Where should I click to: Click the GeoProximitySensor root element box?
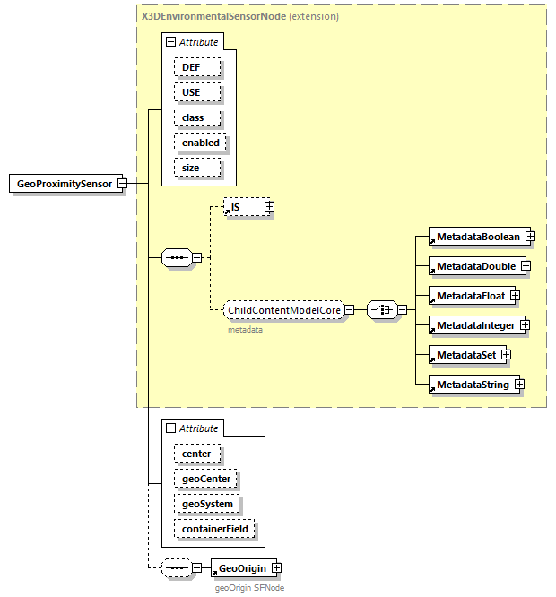[x=65, y=184]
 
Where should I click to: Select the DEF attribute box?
[x=192, y=67]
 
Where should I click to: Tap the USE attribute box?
[x=192, y=92]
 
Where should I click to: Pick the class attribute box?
[x=193, y=117]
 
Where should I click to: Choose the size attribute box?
[x=190, y=168]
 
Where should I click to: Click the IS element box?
[x=242, y=207]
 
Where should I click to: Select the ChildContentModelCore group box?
[x=283, y=310]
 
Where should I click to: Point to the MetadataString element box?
[x=472, y=385]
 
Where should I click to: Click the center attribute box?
[x=196, y=454]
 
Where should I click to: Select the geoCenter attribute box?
[x=206, y=479]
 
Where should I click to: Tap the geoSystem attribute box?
[x=207, y=504]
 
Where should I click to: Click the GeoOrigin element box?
[x=240, y=568]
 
